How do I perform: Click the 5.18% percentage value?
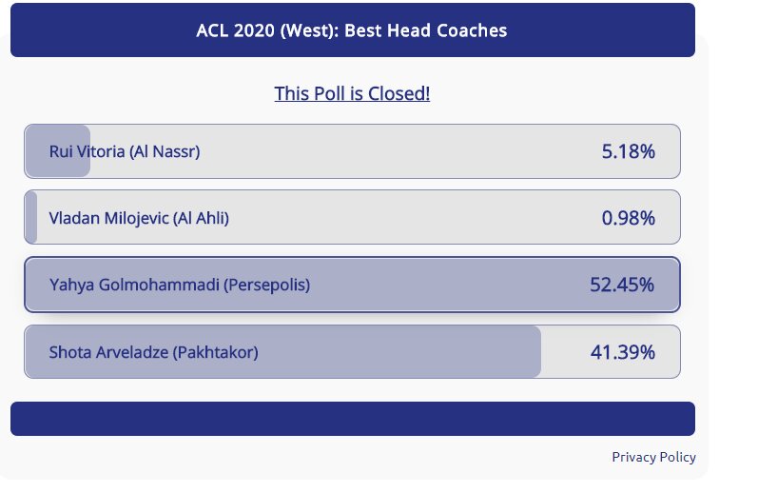[628, 151]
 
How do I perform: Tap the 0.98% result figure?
[628, 218]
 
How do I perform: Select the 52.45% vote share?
[622, 285]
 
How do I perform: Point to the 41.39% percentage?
[623, 352]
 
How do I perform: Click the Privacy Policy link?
[653, 457]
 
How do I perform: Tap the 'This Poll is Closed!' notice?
[352, 93]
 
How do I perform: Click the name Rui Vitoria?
[87, 151]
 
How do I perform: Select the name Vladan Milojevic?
[108, 218]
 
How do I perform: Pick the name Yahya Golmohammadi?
[134, 285]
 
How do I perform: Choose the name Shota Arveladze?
[108, 352]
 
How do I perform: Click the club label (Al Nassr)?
[165, 152]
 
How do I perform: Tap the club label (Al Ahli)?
[201, 218]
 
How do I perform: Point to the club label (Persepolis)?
[266, 285]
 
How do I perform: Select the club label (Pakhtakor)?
[215, 352]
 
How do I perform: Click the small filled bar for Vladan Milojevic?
[31, 217]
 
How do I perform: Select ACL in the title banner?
[213, 30]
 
